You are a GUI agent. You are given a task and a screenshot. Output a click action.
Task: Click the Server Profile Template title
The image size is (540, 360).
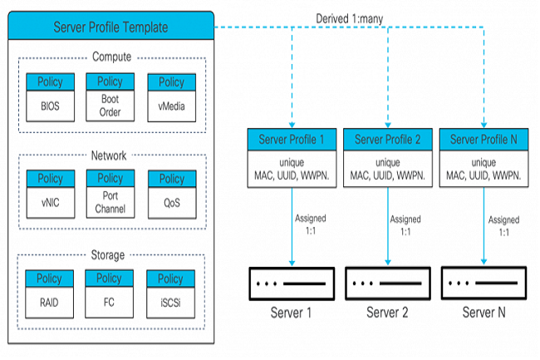110,27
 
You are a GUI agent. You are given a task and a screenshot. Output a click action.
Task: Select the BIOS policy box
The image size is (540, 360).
51,97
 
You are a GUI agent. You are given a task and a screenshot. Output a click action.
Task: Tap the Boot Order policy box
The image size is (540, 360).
110,96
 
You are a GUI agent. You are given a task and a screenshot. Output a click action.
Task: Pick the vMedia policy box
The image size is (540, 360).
172,97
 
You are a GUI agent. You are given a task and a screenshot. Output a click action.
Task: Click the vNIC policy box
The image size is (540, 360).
51,194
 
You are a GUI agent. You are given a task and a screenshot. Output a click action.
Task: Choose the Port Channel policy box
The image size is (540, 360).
110,194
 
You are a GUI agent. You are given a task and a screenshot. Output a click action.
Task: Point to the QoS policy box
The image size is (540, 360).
172,195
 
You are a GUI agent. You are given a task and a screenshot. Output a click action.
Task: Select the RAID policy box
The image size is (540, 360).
49,293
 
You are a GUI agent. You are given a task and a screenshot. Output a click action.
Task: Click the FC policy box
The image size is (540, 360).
109,293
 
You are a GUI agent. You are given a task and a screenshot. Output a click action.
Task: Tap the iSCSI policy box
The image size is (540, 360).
171,294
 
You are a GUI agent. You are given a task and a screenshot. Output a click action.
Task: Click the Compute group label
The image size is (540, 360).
112,57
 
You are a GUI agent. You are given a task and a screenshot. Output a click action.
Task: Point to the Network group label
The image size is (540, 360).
109,155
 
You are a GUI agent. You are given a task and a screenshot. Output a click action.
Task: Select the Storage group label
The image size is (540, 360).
108,255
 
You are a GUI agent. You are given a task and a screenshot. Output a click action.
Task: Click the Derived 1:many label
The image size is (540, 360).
349,18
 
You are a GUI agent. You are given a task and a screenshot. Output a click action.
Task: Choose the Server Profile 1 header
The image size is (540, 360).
292,140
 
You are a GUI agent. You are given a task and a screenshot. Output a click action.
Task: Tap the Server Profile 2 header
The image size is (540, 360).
388,140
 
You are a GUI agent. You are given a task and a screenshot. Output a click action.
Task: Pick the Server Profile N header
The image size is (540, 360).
484,140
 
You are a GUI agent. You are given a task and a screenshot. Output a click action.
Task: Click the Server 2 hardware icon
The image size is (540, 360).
388,284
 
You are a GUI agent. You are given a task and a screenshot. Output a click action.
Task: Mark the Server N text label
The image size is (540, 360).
484,313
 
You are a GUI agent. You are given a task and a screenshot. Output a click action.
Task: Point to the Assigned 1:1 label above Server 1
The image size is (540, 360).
311,224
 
